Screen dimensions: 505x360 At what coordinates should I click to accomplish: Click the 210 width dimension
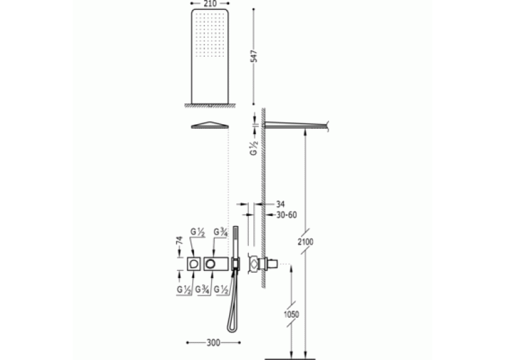tap(211, 3)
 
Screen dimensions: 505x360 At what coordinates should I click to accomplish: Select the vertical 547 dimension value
tap(254, 56)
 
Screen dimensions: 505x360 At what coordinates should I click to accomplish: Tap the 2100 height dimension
tap(306, 241)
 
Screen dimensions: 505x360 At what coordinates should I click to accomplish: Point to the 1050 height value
tap(291, 314)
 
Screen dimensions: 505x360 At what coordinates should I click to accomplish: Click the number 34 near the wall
tap(280, 204)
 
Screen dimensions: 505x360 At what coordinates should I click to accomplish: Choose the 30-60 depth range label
tap(286, 215)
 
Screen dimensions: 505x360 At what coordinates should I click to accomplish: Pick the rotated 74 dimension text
tap(179, 240)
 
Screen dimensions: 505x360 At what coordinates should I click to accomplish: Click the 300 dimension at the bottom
tap(213, 343)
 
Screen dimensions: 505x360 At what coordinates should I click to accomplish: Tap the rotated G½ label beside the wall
tap(254, 147)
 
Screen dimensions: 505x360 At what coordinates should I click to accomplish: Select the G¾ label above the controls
tap(221, 232)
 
